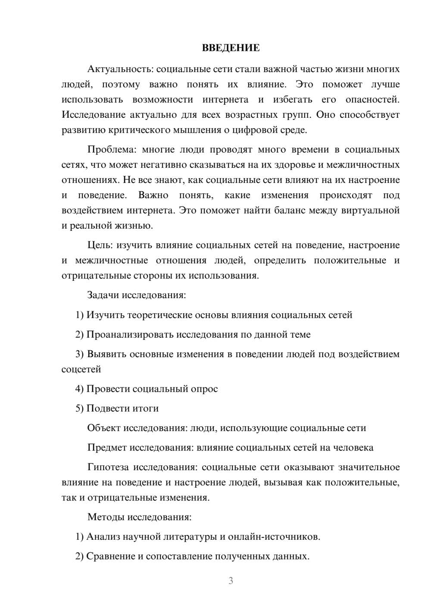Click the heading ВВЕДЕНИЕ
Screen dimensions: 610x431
tap(231, 48)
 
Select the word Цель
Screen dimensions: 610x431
tap(100, 245)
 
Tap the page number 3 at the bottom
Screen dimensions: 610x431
tap(231, 581)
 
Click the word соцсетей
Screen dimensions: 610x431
tap(81, 369)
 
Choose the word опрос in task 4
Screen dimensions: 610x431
tap(204, 389)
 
